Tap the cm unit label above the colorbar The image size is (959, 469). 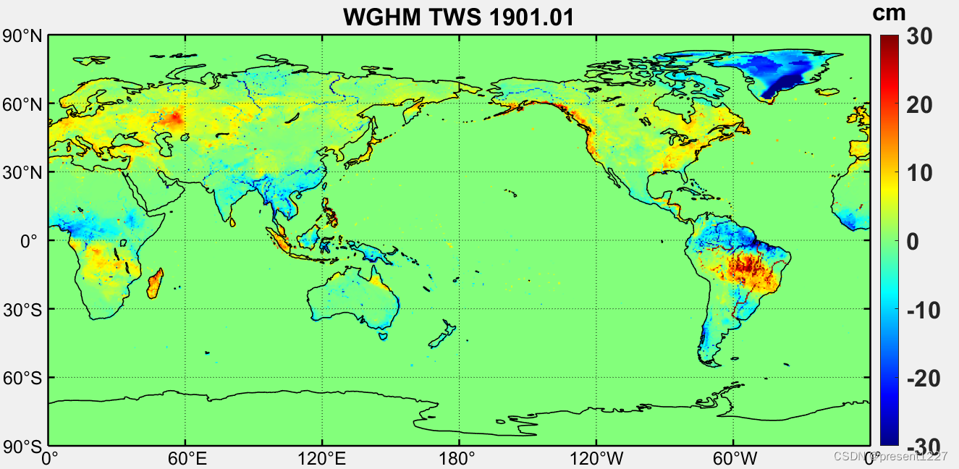click(889, 12)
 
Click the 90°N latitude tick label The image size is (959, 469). click(23, 36)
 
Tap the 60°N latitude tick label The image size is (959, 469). click(23, 104)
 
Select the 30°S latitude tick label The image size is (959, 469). click(23, 310)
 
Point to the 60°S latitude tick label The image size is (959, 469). click(23, 378)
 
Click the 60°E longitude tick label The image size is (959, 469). click(185, 458)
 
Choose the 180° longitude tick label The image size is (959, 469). click(459, 458)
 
